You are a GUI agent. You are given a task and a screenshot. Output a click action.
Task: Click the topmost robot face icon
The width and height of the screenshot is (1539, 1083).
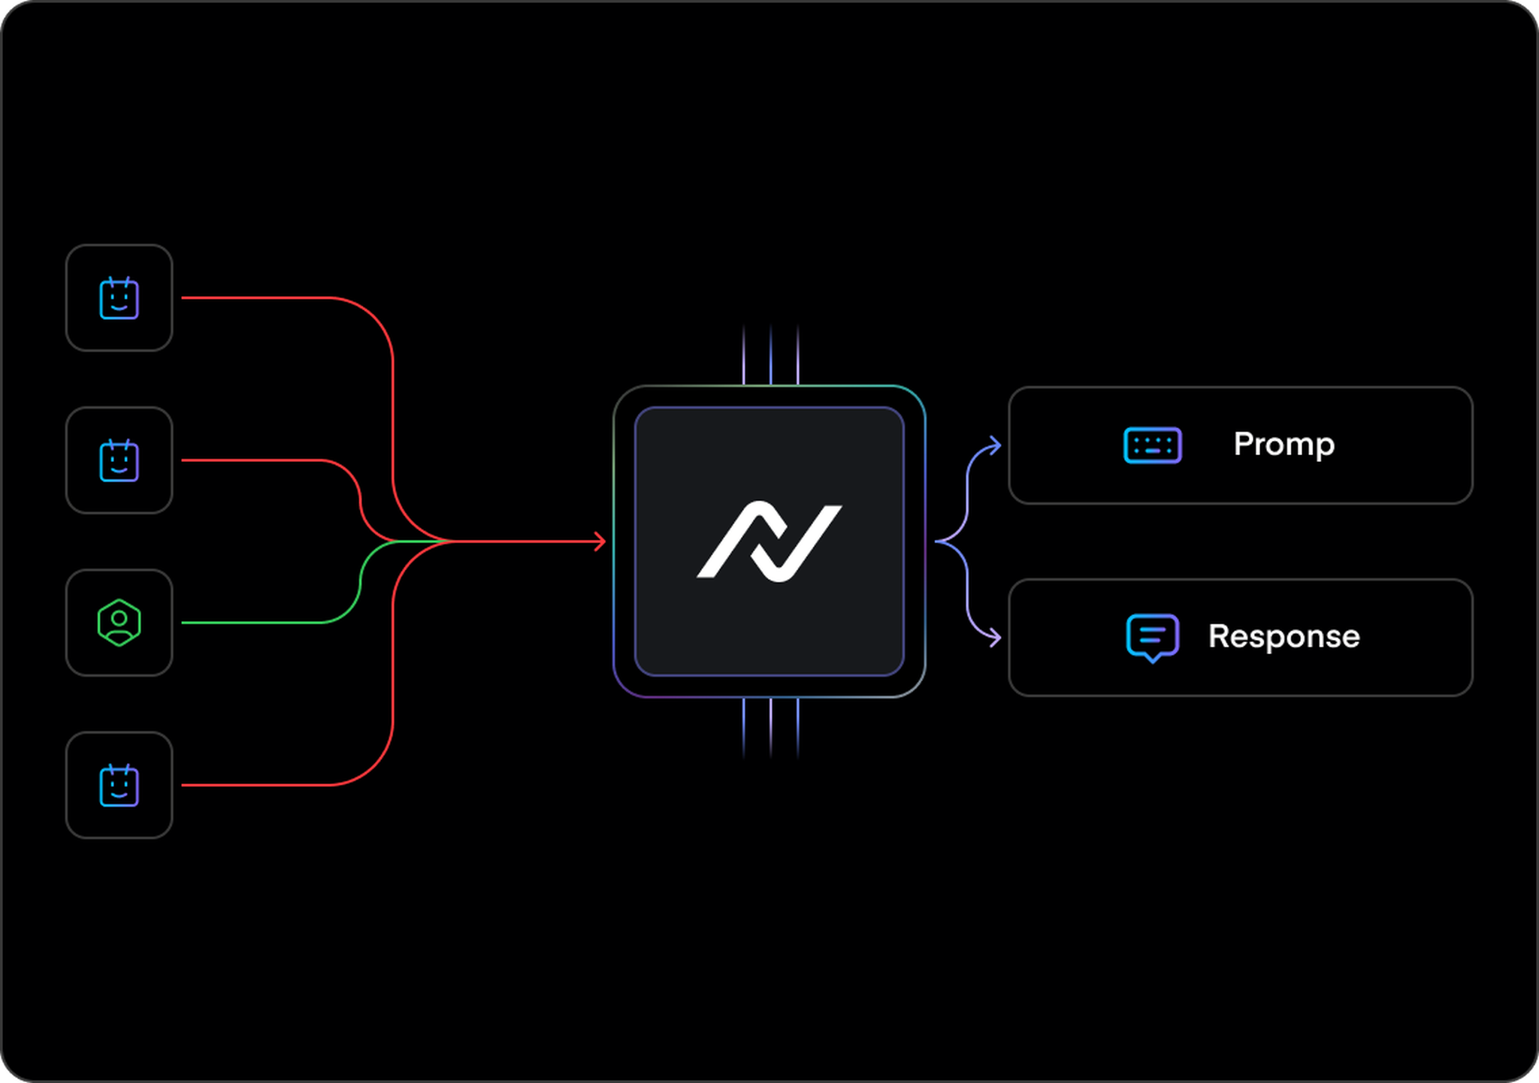[119, 298]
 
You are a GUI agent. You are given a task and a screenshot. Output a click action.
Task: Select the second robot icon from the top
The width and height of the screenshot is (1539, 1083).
[119, 460]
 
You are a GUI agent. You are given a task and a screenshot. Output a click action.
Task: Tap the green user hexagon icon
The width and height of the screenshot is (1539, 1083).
[119, 623]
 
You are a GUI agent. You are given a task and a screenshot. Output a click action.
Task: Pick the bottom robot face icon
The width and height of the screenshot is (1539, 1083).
[119, 786]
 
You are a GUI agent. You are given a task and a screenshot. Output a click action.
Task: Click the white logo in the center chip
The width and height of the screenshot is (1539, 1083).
[769, 541]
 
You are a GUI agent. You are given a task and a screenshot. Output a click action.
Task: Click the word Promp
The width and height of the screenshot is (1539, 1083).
[1284, 445]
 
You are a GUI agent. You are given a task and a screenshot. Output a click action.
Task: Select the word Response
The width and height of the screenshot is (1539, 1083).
[1284, 636]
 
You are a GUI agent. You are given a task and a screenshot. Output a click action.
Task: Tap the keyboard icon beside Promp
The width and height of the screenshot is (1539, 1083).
[1153, 445]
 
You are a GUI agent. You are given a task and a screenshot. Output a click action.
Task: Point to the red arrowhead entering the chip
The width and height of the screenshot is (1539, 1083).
[600, 541]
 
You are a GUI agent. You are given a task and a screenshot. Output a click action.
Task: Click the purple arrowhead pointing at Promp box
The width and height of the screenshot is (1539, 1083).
[995, 445]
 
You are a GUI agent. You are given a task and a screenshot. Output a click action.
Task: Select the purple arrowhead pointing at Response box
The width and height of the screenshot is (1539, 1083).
[995, 638]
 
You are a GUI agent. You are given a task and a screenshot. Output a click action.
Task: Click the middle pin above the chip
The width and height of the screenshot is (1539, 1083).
[770, 354]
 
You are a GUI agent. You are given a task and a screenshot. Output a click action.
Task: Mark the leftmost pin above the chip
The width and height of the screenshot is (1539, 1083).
[743, 354]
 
